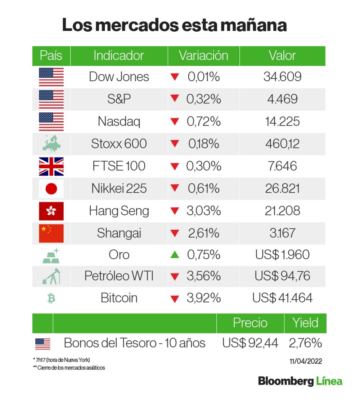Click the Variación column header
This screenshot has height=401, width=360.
(203, 56)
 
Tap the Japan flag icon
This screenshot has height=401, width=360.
(51, 188)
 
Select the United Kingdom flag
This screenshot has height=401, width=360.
(51, 166)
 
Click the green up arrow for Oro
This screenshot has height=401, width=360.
(175, 255)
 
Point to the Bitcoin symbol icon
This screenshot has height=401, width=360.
(51, 298)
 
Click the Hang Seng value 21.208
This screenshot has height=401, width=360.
(282, 211)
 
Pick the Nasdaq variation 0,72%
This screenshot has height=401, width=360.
(203, 121)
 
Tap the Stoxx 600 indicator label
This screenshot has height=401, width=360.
(119, 144)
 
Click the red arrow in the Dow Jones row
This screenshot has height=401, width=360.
(175, 77)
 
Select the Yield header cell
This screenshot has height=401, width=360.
(305, 323)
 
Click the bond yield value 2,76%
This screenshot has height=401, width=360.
(305, 343)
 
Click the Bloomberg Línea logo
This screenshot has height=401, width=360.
(300, 381)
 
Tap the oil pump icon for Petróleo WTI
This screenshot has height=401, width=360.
(51, 276)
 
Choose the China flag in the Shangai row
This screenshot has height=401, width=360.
(51, 233)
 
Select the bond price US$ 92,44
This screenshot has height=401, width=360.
(250, 343)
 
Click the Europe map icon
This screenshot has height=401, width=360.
(51, 144)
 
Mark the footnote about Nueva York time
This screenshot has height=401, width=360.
(61, 360)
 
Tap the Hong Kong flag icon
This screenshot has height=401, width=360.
(51, 211)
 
